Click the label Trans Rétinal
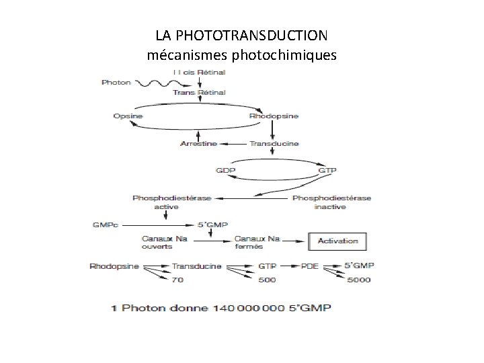pyautogui.click(x=199, y=91)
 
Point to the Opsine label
pyautogui.click(x=127, y=116)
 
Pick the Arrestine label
pyautogui.click(x=200, y=144)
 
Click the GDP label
pyautogui.click(x=225, y=170)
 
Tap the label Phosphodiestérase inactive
pyautogui.click(x=332, y=202)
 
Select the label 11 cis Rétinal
pyautogui.click(x=199, y=71)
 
